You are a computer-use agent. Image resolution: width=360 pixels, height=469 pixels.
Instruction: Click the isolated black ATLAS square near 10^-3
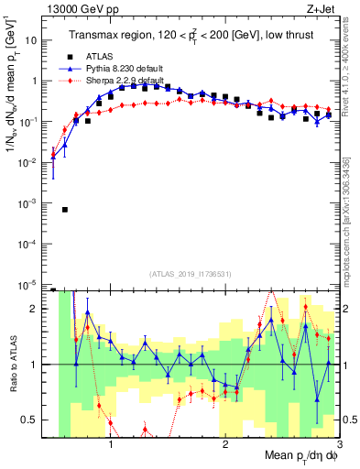[x=65, y=209]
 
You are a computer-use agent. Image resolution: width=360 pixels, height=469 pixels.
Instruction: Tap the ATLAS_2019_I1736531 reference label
[x=190, y=274]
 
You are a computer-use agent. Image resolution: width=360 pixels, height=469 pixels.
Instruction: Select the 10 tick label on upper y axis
[x=32, y=40]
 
